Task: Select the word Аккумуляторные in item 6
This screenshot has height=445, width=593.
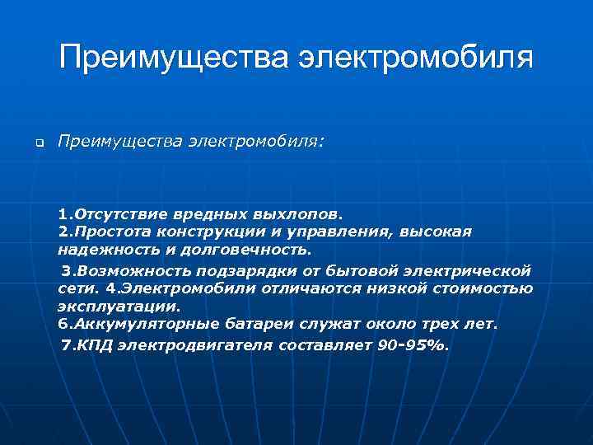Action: (134, 324)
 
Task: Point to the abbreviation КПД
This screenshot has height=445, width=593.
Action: (94, 344)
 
